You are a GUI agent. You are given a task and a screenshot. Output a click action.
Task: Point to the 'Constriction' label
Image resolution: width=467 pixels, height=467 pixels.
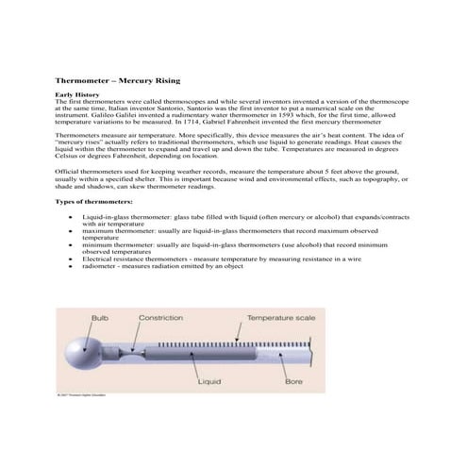pos(160,318)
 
